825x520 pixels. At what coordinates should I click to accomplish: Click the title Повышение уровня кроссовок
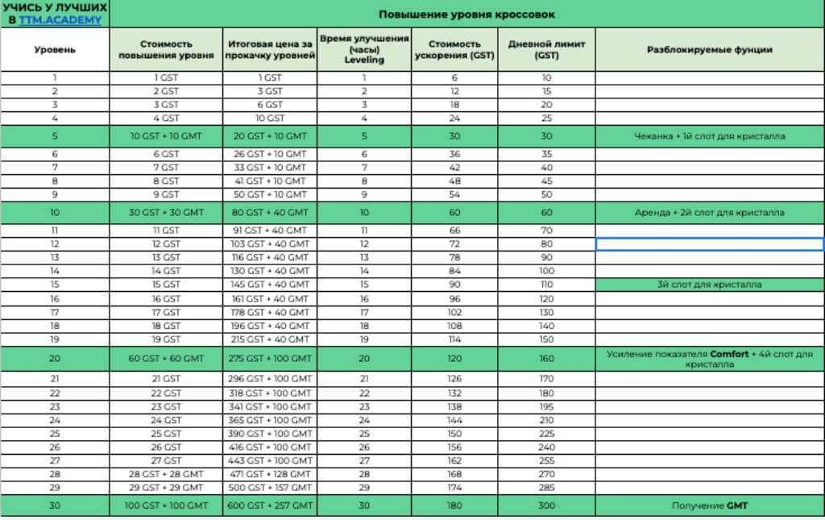tap(466, 15)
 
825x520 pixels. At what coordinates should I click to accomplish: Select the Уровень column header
tap(55, 50)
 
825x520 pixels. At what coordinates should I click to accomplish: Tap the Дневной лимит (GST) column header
tap(547, 49)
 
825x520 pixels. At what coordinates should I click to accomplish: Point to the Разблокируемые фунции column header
tap(710, 50)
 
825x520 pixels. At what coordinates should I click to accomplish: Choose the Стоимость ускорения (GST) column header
tap(455, 49)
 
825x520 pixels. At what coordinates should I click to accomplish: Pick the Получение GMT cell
tap(710, 505)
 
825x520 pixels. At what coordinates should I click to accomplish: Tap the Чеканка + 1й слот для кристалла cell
tap(710, 136)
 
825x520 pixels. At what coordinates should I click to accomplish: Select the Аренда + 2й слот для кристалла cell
tap(710, 213)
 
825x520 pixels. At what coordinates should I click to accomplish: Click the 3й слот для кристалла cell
tap(710, 285)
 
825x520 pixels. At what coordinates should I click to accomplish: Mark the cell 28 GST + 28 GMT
tap(166, 474)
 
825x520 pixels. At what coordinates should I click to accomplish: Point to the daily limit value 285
tap(547, 489)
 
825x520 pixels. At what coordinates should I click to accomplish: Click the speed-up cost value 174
tap(455, 489)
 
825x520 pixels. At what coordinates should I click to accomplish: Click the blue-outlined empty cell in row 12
tap(710, 243)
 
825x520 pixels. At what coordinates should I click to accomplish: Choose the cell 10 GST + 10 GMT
tap(166, 136)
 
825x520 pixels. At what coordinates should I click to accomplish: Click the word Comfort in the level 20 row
tap(732, 354)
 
